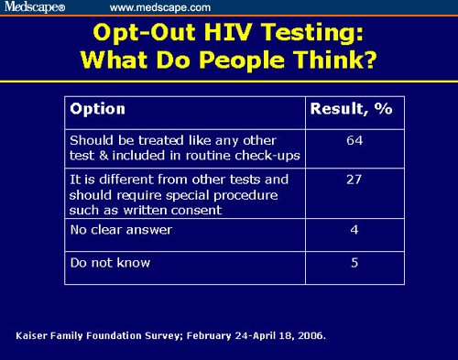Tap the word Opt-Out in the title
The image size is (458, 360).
(136, 34)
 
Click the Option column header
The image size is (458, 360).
(98, 109)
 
